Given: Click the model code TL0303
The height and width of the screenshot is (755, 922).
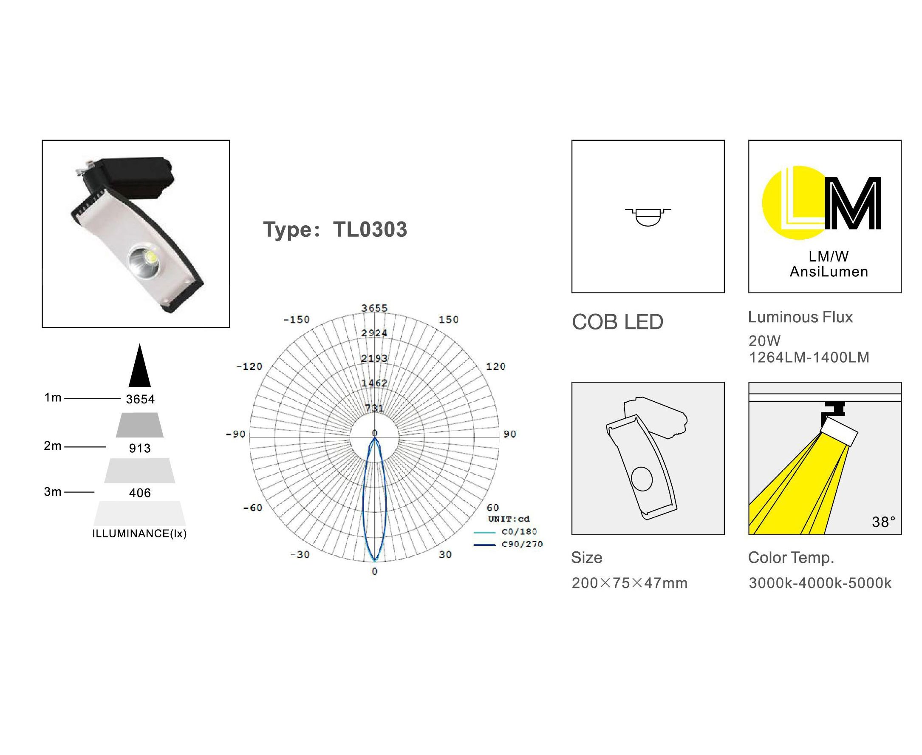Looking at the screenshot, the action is tap(370, 229).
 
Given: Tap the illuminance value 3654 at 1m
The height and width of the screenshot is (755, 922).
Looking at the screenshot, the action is tap(140, 399).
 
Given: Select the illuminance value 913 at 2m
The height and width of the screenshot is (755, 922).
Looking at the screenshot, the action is tap(139, 448).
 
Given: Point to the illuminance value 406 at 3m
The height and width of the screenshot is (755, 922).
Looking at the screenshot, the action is tap(139, 493).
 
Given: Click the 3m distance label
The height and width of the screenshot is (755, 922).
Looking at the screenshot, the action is tap(53, 491).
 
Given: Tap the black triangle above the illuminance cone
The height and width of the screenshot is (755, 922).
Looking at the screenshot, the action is tap(139, 365).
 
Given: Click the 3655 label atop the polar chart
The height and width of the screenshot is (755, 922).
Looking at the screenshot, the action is tap(374, 308).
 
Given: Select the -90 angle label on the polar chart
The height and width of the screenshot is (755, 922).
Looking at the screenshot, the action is tap(236, 434).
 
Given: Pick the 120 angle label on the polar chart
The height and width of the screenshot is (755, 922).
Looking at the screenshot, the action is tap(495, 366).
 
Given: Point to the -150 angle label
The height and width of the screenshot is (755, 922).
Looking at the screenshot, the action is tap(297, 319).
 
